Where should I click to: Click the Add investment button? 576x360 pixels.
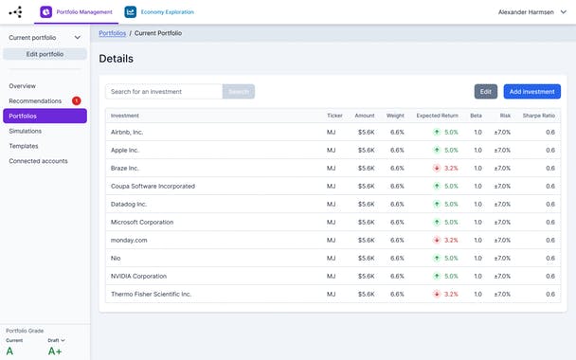click(531, 92)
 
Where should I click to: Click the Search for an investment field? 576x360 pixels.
click(164, 92)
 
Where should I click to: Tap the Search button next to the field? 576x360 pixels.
click(239, 92)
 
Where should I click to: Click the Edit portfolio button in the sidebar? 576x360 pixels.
click(45, 54)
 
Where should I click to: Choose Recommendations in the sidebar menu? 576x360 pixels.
click(36, 100)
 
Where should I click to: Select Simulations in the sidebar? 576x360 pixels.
click(26, 131)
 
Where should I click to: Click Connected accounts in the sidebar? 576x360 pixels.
click(38, 161)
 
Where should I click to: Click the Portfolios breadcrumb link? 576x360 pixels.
click(112, 33)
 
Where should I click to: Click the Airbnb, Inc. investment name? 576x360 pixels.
click(127, 133)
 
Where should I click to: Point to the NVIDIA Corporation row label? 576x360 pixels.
click(137, 277)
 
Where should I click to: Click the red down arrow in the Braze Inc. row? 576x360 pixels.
click(437, 169)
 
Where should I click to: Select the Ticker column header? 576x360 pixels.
click(334, 116)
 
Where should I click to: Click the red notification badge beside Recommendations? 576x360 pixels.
click(77, 100)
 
